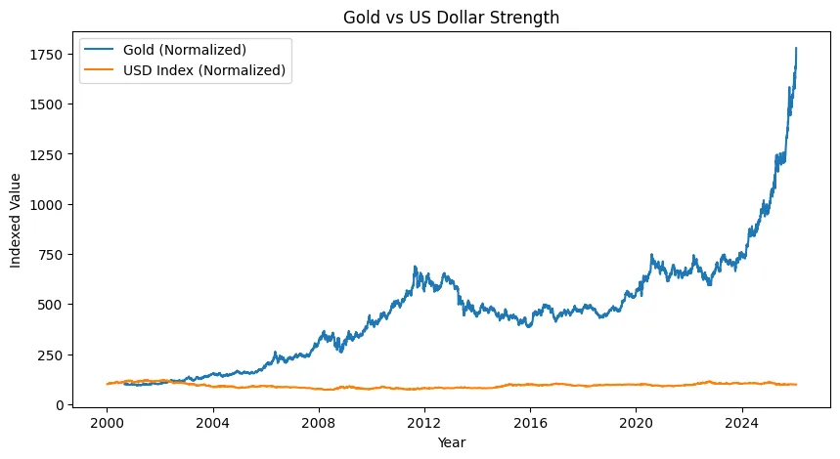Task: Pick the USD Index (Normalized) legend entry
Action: point(203,69)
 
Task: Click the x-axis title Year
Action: point(451,442)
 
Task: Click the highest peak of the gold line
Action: point(796,48)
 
